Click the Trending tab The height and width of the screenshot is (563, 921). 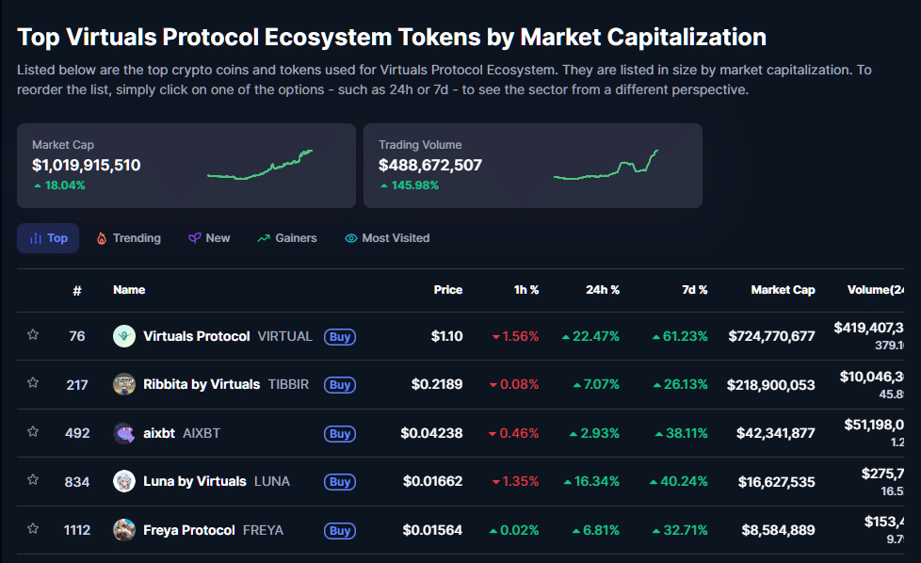click(128, 238)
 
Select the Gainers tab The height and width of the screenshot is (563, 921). click(287, 238)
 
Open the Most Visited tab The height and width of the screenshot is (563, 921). click(387, 238)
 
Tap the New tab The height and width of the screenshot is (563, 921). click(209, 238)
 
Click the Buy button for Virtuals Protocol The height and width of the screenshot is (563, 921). click(340, 336)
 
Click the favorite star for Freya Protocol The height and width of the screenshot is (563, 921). click(33, 529)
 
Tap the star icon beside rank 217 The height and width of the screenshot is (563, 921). click(33, 383)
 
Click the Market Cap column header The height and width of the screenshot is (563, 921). click(783, 290)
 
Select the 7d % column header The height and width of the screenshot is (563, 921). click(695, 290)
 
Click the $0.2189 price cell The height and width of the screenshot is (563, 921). click(437, 385)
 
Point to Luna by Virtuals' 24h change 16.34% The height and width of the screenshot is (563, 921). click(591, 482)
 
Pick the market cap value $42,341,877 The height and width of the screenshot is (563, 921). click(771, 434)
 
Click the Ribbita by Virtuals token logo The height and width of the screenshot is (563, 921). click(124, 384)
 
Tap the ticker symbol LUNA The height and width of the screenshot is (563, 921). click(272, 482)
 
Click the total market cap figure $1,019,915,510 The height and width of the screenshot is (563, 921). click(87, 166)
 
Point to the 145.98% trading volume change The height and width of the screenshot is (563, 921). click(414, 185)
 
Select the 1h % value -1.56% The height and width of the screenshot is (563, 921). click(515, 336)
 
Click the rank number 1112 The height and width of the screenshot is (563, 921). click(77, 530)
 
